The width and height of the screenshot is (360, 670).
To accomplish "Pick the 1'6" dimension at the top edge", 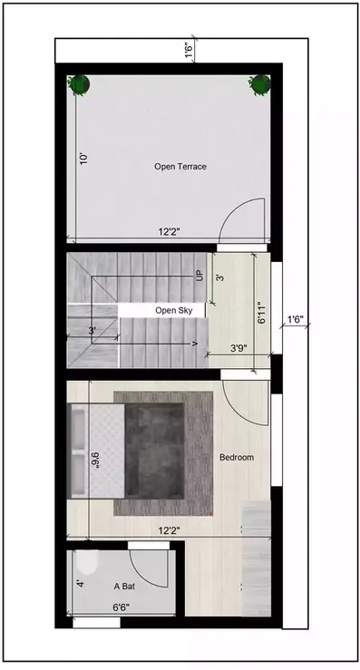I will (x=189, y=51).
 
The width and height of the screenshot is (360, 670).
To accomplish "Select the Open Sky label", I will (x=173, y=310).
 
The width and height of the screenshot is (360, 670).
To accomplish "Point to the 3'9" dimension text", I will (x=239, y=347).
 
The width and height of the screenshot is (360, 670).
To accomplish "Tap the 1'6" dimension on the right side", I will (x=295, y=319).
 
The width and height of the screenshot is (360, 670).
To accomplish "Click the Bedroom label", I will (x=237, y=457).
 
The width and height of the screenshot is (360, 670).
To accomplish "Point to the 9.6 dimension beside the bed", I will (x=95, y=461).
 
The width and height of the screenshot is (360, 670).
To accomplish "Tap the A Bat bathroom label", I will (x=125, y=587).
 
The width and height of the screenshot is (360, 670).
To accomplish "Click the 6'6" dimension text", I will (x=125, y=607).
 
